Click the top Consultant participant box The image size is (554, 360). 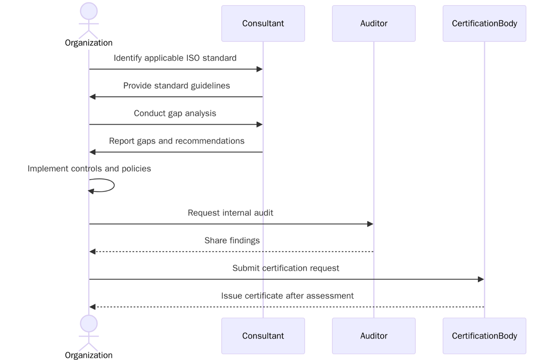[263, 24]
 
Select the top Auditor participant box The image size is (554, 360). [373, 24]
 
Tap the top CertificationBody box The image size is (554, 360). [484, 24]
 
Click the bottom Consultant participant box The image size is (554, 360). [263, 336]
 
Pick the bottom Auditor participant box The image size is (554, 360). [373, 336]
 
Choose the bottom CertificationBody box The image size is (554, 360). [484, 336]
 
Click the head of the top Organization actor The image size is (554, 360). [89, 11]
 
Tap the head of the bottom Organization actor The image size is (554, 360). [89, 324]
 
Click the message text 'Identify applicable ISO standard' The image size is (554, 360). [175, 58]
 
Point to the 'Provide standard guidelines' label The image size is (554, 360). [176, 86]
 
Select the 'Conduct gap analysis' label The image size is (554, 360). [175, 114]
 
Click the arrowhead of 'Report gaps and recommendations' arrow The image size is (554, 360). [93, 152]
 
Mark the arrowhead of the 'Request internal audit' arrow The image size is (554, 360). [370, 224]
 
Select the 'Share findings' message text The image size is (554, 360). [232, 241]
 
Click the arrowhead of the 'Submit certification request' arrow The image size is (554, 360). [481, 279]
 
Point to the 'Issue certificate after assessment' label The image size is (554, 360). [287, 296]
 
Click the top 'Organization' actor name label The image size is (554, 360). [89, 43]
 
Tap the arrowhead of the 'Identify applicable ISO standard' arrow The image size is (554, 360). [259, 69]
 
